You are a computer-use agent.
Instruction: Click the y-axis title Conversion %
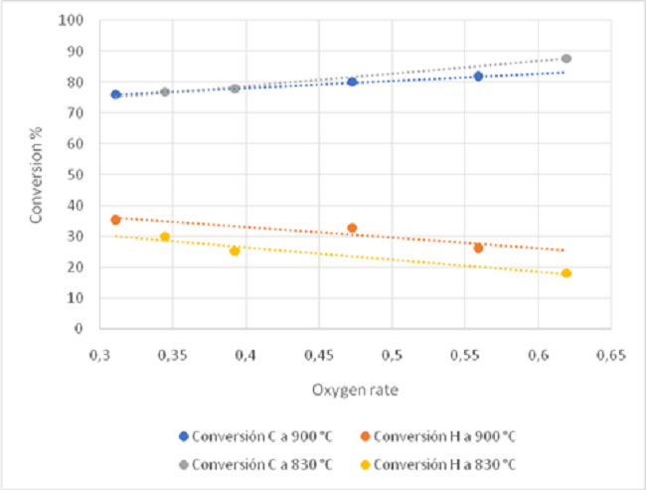tap(37, 173)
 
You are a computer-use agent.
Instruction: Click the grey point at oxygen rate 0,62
tap(566, 59)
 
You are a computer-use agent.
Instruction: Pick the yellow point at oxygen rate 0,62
tap(566, 273)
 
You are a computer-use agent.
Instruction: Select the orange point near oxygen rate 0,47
tap(352, 229)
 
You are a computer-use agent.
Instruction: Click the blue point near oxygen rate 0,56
tap(478, 77)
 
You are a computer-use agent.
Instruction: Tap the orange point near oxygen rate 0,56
tap(478, 248)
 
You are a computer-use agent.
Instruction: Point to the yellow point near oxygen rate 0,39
tap(235, 250)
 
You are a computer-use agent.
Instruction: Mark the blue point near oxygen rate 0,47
tap(352, 82)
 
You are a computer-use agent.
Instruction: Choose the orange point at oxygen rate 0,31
tap(115, 220)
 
